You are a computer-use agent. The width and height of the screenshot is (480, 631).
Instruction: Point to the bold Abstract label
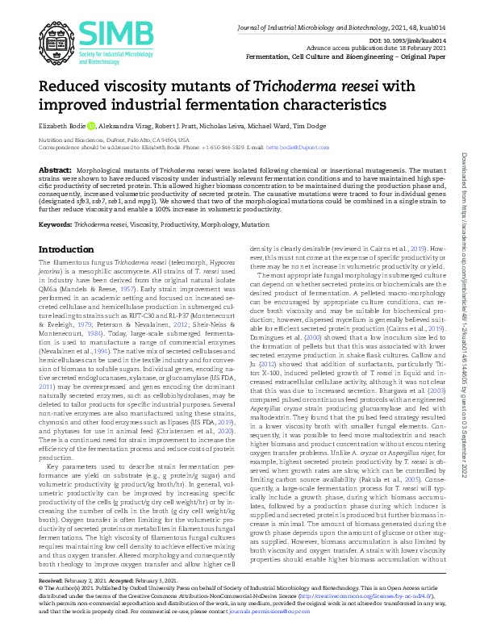coord(55,171)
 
